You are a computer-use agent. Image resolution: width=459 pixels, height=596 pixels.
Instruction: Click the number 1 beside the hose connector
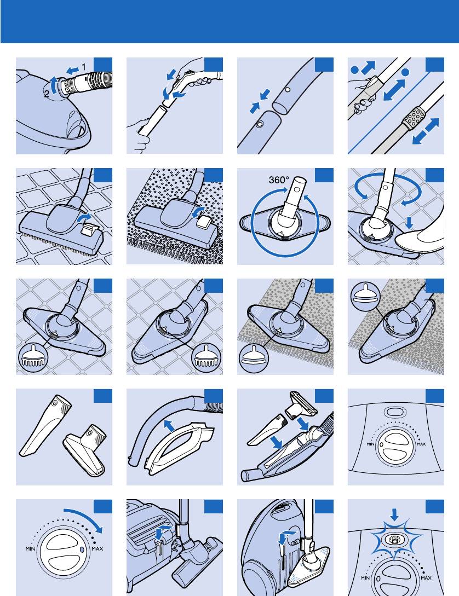point(84,67)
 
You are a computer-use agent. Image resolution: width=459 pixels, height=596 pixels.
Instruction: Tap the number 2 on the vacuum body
point(46,94)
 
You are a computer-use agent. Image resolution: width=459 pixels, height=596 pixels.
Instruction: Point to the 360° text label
point(279,180)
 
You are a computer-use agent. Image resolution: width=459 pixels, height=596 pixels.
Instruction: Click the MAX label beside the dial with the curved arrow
point(97,548)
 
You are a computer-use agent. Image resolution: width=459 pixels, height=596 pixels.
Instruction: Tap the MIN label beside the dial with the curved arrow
point(31,548)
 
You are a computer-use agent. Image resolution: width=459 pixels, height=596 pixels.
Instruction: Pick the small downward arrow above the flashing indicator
point(395,514)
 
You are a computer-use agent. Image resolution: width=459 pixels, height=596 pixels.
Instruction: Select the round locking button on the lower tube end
point(260,124)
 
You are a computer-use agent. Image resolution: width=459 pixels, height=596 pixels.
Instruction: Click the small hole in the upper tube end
point(288,90)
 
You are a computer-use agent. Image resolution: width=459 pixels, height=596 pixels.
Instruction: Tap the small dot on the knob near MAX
point(83,549)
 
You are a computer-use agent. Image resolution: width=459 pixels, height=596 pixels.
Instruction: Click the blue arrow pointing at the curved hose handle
point(169,425)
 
